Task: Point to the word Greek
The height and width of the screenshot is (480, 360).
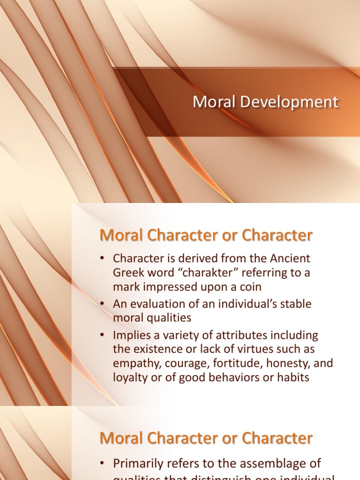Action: [128, 273]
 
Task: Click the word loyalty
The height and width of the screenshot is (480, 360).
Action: [130, 377]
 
